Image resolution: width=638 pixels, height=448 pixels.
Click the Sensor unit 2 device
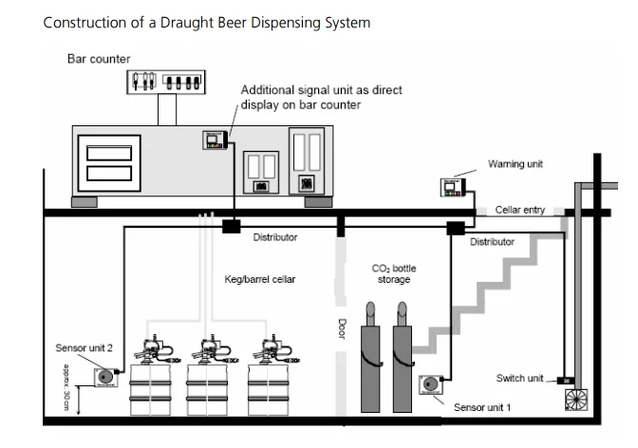click(105, 377)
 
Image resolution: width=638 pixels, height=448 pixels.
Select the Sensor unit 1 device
click(430, 384)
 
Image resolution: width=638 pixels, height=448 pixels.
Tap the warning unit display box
click(453, 188)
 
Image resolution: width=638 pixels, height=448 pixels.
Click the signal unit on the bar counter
click(216, 140)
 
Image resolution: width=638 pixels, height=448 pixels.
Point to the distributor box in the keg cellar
click(231, 226)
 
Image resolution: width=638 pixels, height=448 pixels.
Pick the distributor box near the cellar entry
click(456, 228)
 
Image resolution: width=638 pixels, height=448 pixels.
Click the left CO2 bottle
click(370, 357)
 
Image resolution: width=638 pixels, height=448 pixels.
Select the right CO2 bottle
click(403, 357)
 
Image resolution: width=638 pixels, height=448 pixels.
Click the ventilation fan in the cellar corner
click(576, 400)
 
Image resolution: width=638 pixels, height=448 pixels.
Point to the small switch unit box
click(566, 381)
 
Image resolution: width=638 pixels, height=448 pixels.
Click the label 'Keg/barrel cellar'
click(260, 280)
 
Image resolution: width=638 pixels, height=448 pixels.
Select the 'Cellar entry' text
click(520, 210)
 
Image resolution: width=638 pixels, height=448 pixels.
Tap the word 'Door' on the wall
click(342, 328)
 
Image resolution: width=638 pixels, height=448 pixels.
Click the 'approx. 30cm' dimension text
click(66, 387)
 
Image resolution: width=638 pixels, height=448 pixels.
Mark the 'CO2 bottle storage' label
click(394, 274)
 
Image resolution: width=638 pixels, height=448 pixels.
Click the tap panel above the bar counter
click(166, 82)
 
